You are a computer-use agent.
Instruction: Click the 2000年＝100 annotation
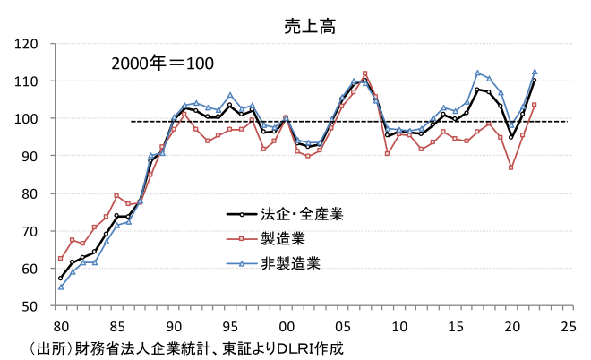pyautogui.click(x=162, y=64)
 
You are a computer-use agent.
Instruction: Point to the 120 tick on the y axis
pyautogui.click(x=25, y=44)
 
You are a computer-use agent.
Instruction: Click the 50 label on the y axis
pyautogui.click(x=29, y=306)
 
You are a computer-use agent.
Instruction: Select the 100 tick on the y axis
pyautogui.click(x=25, y=119)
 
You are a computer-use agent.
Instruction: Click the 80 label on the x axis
pyautogui.click(x=60, y=324)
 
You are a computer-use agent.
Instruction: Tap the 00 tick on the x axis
pyautogui.click(x=287, y=324)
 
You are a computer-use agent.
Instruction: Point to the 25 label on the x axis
pyautogui.click(x=568, y=324)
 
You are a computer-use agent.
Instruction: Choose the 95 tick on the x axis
pyautogui.click(x=230, y=324)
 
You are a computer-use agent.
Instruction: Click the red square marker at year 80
pyautogui.click(x=60, y=258)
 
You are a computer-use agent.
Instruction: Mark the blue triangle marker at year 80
pyautogui.click(x=60, y=287)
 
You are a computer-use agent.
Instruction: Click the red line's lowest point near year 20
pyautogui.click(x=511, y=167)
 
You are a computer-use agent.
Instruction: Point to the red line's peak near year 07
pyautogui.click(x=365, y=73)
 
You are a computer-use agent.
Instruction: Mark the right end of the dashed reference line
pyautogui.click(x=566, y=122)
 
